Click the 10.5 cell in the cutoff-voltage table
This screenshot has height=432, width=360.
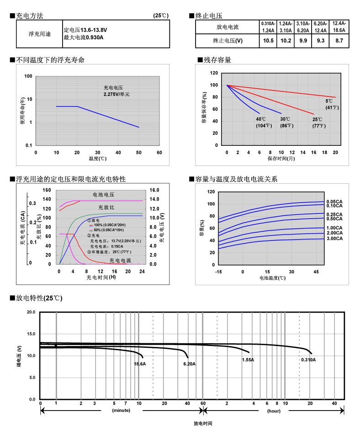[x=268, y=41]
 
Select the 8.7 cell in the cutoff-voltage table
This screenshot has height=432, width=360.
[x=339, y=41]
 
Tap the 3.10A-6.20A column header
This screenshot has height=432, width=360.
[x=303, y=27]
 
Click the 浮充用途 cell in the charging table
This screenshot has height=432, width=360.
[x=40, y=34]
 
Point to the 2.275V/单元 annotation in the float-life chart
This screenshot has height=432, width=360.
[x=116, y=94]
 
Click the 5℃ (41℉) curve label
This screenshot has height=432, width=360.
[x=330, y=104]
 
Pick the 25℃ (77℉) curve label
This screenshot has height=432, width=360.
[x=319, y=122]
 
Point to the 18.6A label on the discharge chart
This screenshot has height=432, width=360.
[x=139, y=364]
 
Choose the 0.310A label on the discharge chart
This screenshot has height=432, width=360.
[x=308, y=360]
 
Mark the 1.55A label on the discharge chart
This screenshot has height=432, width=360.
[x=248, y=360]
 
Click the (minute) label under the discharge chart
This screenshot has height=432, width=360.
[x=121, y=411]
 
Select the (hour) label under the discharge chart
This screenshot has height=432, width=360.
[x=274, y=411]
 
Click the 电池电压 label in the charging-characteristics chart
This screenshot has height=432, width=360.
[x=103, y=195]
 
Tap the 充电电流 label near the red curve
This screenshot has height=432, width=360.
[x=120, y=261]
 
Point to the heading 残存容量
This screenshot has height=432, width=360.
[x=217, y=60]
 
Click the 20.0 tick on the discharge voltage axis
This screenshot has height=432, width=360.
[x=31, y=312]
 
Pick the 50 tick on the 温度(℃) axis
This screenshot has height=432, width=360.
[x=138, y=152]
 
